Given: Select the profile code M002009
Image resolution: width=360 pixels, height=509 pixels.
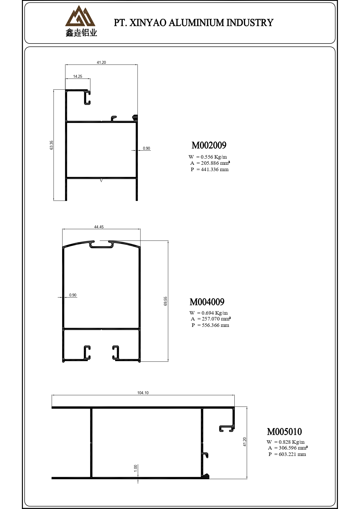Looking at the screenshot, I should coord(209,145).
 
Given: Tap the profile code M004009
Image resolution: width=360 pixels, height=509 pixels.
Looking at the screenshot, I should coord(207,302).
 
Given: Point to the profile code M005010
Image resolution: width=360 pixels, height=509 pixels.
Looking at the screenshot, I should coord(284,432).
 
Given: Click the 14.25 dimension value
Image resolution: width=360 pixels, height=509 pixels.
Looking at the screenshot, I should coord(77,77).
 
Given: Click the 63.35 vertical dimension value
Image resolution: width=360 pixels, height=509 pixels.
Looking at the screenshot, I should coord(52,145).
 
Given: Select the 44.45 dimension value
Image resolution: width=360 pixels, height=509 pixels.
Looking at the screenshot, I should coord(99,227).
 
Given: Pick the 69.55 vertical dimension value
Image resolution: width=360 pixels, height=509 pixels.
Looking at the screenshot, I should coord(166,301).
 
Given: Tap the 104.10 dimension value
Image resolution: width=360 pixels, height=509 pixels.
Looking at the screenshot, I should coord(143,393).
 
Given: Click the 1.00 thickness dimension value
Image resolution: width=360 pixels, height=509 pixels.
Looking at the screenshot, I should coord(135,468).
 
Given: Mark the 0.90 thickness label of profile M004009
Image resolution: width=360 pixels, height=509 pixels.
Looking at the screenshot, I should coord(73,295).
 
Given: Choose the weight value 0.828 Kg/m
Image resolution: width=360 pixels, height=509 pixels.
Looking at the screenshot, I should coord(292,442).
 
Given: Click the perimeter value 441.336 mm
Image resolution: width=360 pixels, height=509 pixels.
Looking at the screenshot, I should coord(214,169).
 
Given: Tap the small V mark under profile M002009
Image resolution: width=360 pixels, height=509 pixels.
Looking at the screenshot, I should coord(101,181).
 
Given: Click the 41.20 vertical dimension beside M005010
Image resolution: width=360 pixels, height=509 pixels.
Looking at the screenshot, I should coord(245,442).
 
